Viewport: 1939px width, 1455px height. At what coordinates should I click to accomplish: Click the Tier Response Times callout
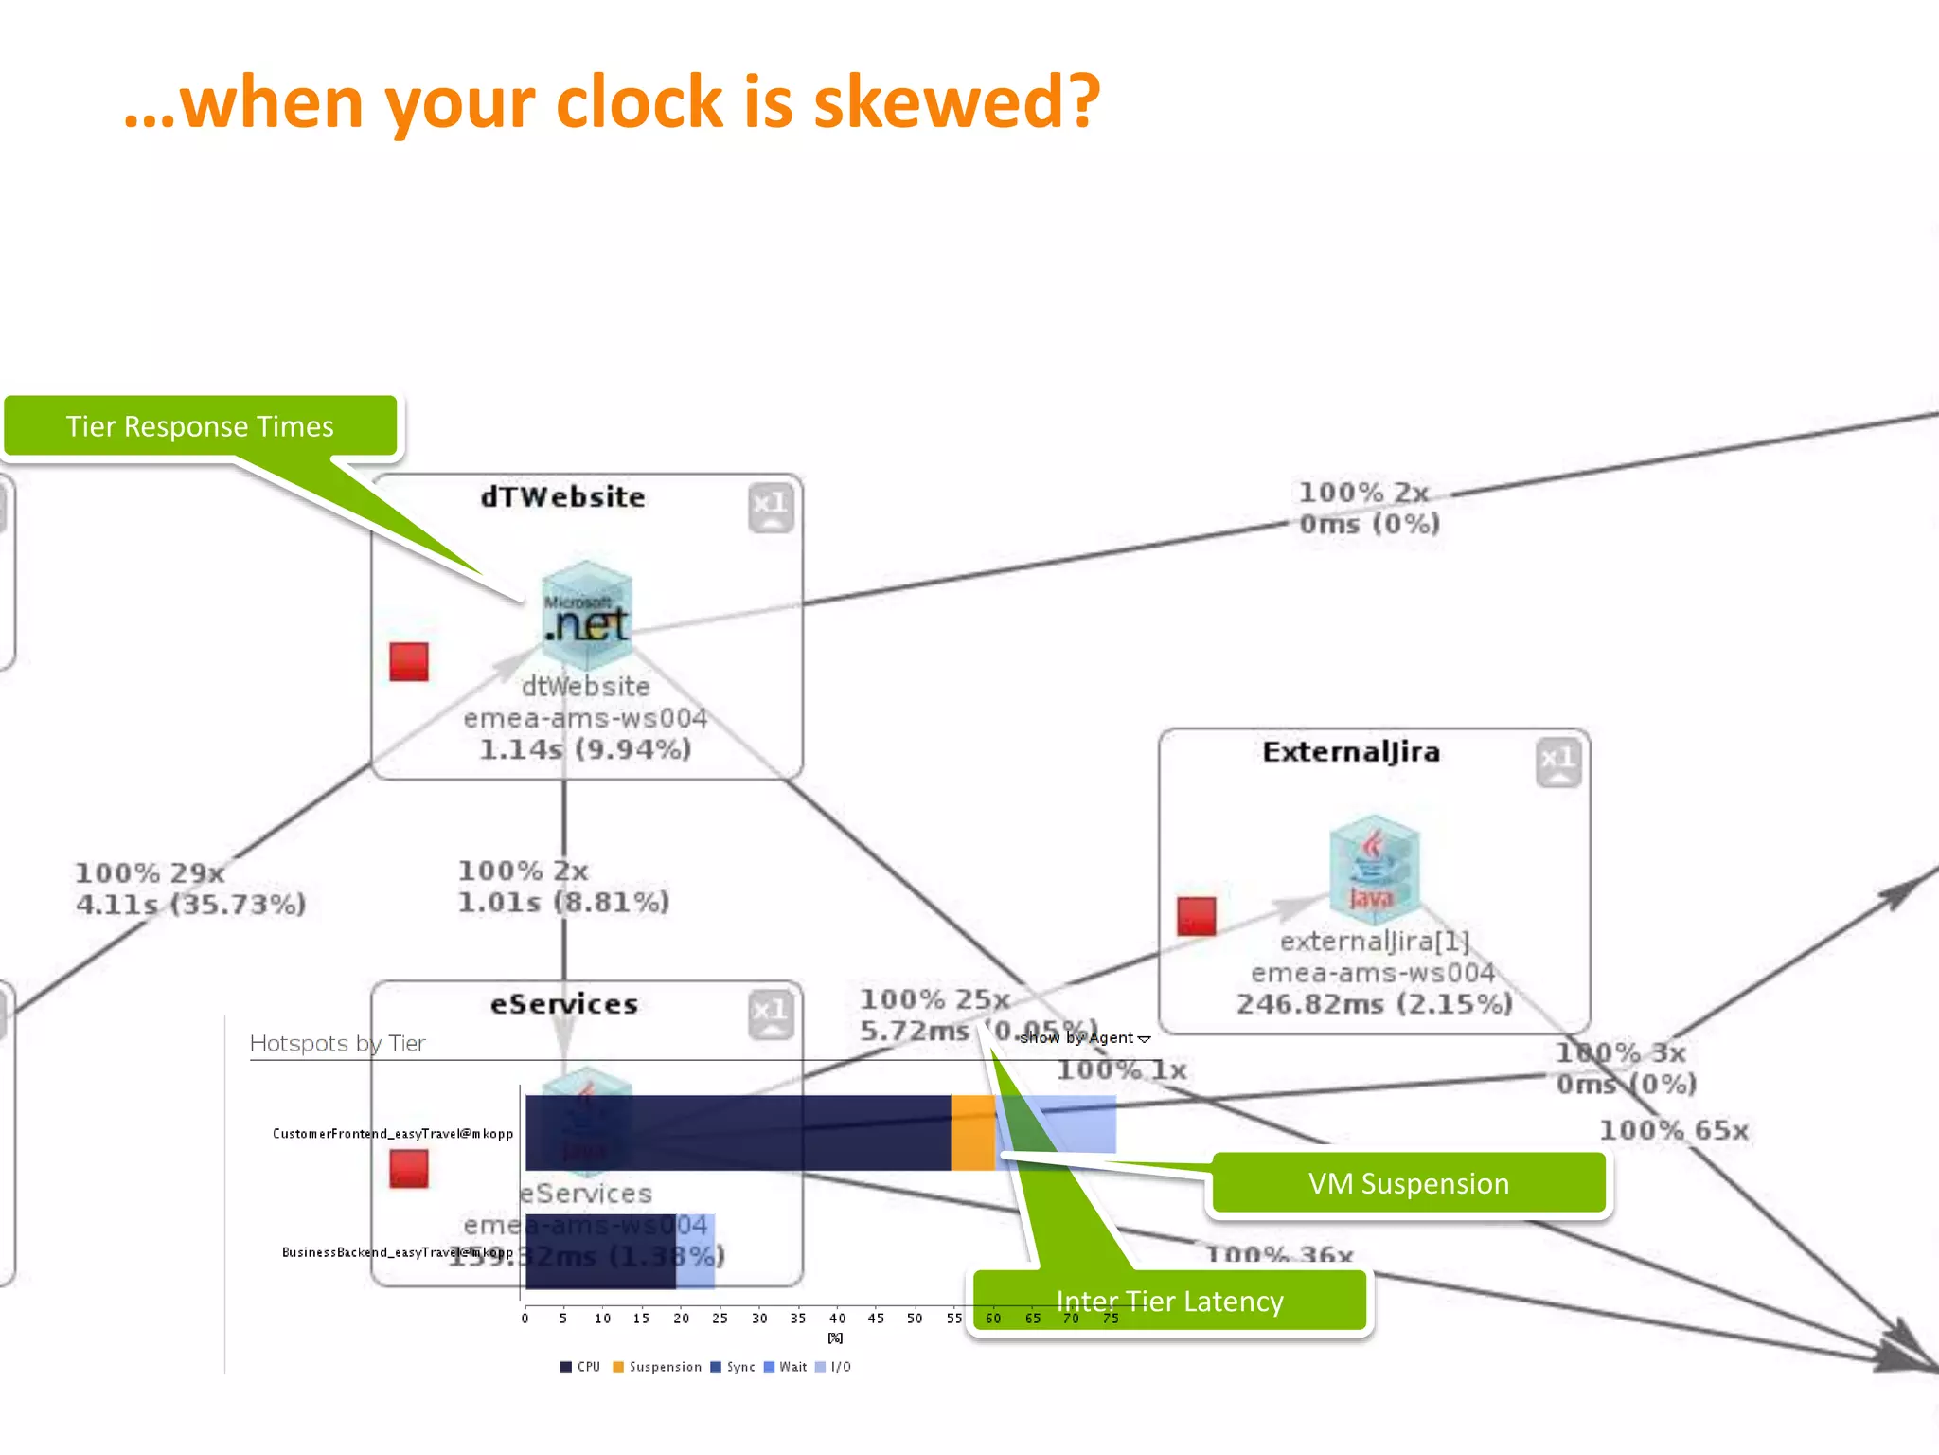pos(200,426)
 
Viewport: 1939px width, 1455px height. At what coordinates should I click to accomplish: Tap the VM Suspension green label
pos(1408,1183)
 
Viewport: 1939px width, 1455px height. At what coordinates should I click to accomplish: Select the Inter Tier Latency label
pos(1169,1302)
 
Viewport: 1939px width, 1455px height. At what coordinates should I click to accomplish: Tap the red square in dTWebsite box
pos(409,662)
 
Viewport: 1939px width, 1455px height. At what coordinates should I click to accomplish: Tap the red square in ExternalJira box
pos(1196,916)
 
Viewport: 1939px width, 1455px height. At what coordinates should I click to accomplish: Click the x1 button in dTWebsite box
pos(771,508)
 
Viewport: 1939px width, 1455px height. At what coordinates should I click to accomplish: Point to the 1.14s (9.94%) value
pos(585,749)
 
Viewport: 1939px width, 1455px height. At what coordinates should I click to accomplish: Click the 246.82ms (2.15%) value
pos(1374,1004)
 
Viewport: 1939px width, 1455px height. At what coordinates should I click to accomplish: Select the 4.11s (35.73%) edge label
pos(190,905)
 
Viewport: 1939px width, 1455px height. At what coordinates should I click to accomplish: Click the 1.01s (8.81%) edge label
pos(563,902)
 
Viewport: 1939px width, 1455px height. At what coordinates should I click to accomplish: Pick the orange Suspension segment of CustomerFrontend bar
pos(972,1132)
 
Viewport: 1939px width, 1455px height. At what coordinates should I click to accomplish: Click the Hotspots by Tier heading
pos(337,1044)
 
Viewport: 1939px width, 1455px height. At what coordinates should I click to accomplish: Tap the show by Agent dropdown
pos(1085,1038)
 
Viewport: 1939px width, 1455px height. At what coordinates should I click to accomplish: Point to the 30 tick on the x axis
pos(759,1319)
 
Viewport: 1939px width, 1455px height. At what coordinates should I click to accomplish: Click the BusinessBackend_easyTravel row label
pos(397,1252)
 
